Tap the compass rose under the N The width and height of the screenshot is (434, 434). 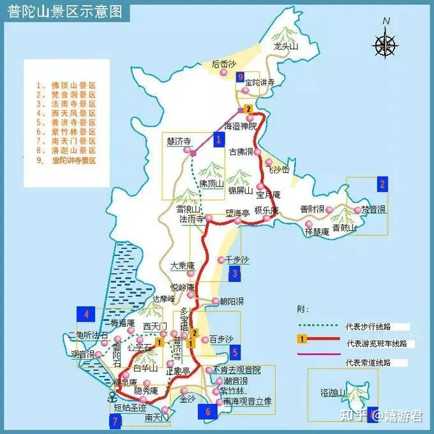pos(385,44)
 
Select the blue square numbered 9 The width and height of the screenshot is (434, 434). pos(240,78)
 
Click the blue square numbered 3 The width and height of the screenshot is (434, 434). pos(235,275)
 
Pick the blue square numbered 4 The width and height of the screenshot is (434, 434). pos(86,313)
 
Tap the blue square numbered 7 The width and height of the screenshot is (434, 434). pos(115,421)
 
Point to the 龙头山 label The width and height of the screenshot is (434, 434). pos(287,47)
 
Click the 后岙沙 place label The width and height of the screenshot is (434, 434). pos(224,64)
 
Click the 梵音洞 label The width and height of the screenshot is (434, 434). pos(375,209)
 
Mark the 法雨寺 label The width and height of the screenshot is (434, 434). pos(191,218)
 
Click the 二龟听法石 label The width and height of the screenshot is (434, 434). pos(88,336)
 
